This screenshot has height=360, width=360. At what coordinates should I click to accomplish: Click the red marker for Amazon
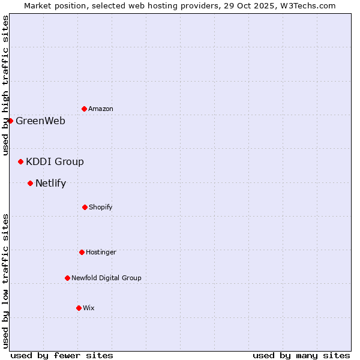(84, 109)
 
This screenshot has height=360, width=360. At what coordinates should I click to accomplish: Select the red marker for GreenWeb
(10, 121)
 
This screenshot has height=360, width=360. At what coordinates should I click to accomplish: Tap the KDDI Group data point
(20, 161)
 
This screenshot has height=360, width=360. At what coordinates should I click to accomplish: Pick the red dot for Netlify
(30, 183)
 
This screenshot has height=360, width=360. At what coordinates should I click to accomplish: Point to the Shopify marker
(85, 207)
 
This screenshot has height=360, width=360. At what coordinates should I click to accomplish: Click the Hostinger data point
(82, 252)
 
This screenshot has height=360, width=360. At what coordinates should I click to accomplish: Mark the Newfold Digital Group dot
(67, 278)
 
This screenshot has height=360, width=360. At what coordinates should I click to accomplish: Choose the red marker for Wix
(79, 308)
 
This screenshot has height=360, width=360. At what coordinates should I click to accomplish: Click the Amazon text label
(101, 109)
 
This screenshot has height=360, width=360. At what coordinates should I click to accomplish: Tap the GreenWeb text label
(40, 121)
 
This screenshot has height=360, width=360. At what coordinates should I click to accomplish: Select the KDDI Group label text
(55, 161)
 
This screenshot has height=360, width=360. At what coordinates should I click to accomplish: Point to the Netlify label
(50, 183)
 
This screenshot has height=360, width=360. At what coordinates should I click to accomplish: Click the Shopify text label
(101, 207)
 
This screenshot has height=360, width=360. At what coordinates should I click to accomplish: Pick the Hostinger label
(101, 252)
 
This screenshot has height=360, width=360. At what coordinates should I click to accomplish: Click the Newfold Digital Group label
(106, 278)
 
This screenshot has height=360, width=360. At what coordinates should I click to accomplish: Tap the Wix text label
(89, 308)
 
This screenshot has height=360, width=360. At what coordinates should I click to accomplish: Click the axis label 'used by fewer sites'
(62, 355)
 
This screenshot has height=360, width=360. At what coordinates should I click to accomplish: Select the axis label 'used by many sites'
(301, 355)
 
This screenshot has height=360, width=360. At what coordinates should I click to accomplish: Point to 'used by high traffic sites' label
(5, 85)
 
